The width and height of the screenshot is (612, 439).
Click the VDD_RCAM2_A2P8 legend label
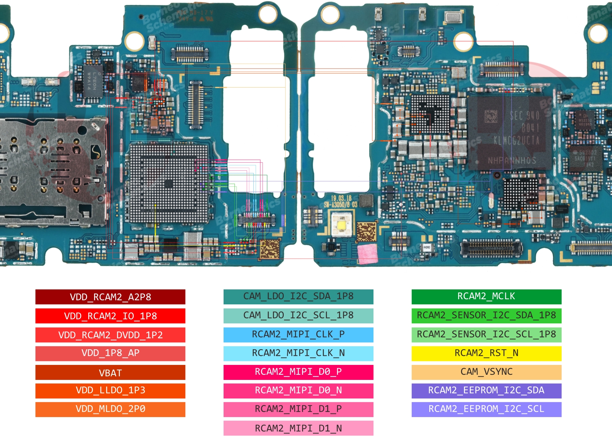click(x=110, y=297)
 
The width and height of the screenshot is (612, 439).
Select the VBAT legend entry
click(x=110, y=373)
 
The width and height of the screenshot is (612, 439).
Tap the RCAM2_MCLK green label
click(x=486, y=296)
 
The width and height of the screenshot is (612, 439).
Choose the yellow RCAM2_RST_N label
click(x=486, y=353)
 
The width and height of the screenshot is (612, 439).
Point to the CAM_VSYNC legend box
click(x=486, y=372)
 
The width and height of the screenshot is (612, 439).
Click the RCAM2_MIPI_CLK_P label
click(x=298, y=334)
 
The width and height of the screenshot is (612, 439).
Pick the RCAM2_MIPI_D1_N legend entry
click(x=298, y=428)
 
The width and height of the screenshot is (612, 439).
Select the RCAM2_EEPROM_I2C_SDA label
click(x=486, y=390)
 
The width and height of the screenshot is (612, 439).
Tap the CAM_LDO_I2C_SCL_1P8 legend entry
click(x=298, y=315)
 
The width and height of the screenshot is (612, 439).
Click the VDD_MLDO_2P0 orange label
click(x=110, y=409)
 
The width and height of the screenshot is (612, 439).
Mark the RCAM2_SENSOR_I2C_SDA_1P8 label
click(x=486, y=315)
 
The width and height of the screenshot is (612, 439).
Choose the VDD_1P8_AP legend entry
click(x=110, y=353)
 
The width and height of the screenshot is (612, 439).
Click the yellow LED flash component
click(x=342, y=225)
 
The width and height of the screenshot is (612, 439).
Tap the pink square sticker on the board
click(x=367, y=253)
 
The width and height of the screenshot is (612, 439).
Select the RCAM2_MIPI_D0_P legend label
click(x=298, y=372)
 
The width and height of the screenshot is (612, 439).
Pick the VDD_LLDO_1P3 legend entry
click(x=110, y=390)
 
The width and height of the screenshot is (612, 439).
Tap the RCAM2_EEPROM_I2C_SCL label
click(x=486, y=409)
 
